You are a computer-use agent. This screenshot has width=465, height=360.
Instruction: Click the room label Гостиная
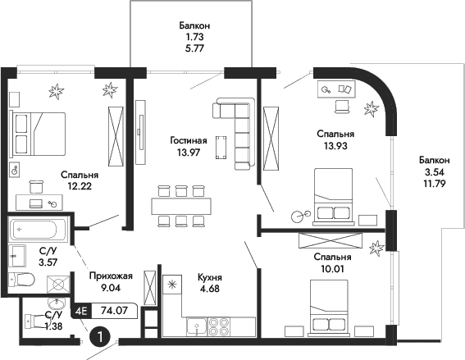(x=188, y=139)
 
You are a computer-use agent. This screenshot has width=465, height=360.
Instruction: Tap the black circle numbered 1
(x=98, y=336)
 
